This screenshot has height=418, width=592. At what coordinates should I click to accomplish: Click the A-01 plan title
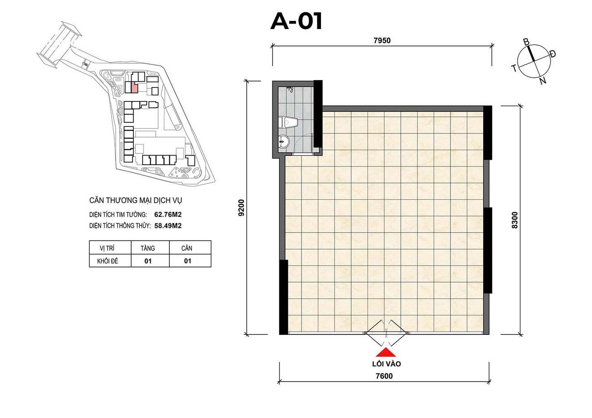[296, 21]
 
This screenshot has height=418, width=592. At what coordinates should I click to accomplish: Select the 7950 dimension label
[382, 40]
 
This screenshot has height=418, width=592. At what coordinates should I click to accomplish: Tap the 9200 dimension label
[241, 208]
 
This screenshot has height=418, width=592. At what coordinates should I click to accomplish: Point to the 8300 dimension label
[515, 220]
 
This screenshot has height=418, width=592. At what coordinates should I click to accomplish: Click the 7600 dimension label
[384, 376]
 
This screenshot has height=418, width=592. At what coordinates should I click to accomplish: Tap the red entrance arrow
[386, 353]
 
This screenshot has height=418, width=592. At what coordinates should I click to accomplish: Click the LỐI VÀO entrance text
[386, 364]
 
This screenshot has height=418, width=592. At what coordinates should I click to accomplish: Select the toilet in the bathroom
[288, 122]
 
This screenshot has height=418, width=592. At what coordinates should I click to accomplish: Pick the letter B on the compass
[526, 42]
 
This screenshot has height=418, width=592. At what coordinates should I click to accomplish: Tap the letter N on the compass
[543, 81]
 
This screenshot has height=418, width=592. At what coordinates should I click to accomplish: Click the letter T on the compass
[514, 68]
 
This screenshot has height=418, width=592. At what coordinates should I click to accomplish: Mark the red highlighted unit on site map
[134, 87]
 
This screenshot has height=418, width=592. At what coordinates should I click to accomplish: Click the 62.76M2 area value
[168, 215]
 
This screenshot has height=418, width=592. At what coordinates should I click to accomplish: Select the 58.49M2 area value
[168, 226]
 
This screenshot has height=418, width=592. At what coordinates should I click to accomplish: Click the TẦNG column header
[148, 248]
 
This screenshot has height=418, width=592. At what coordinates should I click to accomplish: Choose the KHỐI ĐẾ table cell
[107, 261]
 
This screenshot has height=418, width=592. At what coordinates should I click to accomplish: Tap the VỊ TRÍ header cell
[107, 248]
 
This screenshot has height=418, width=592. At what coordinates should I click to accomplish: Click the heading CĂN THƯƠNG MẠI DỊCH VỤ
[136, 200]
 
